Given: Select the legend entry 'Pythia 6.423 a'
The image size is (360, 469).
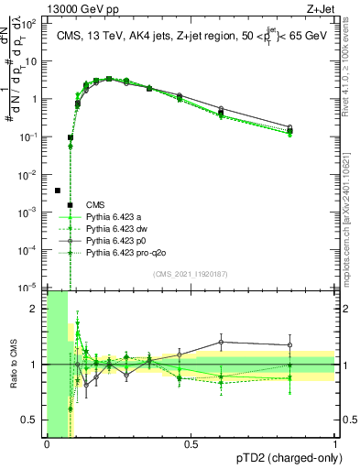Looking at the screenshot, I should (x=115, y=216).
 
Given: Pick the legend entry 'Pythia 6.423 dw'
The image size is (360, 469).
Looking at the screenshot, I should (x=117, y=228).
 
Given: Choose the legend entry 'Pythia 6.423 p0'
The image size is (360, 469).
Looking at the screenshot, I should (x=117, y=240).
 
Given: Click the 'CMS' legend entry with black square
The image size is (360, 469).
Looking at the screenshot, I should (x=95, y=204).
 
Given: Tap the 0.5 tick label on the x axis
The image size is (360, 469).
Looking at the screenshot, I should (x=191, y=444).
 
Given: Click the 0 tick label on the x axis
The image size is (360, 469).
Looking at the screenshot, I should (x=47, y=444).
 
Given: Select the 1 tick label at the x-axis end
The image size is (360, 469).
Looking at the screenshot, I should (x=335, y=444).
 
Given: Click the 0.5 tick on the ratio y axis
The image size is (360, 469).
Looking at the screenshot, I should (x=32, y=420).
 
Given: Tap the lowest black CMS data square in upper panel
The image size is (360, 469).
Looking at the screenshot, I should (x=58, y=191).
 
